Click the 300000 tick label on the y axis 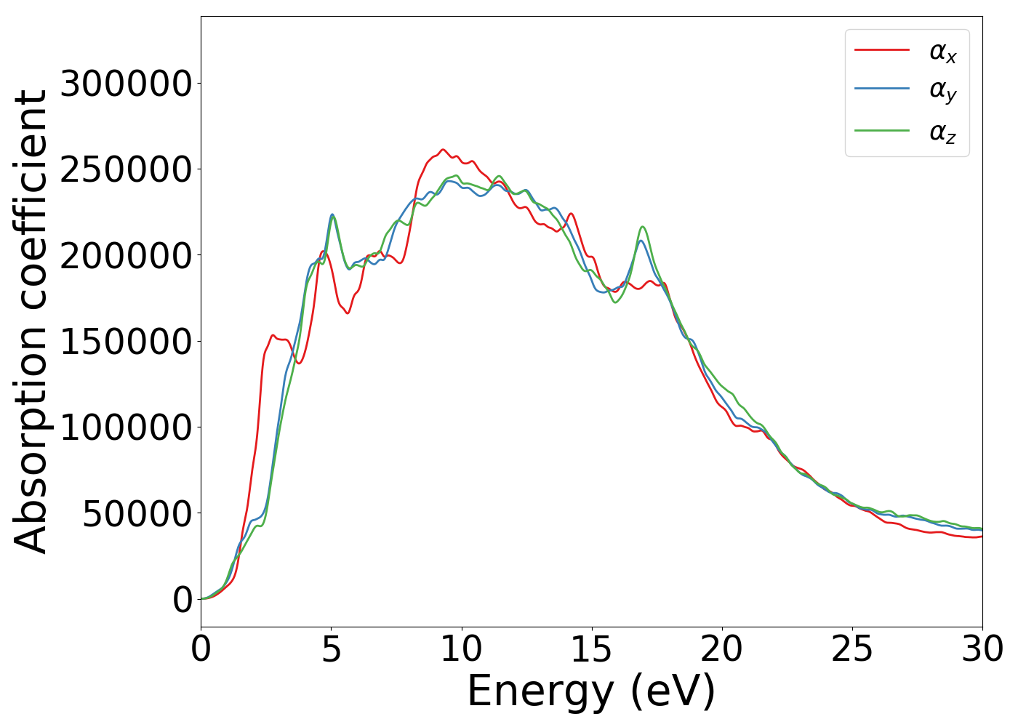126,84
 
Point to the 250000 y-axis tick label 126,169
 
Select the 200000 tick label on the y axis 126,255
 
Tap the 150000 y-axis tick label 126,341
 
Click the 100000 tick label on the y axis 126,427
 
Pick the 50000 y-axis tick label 137,513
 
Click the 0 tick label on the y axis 183,599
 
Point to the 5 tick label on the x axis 331,649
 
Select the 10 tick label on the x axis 461,649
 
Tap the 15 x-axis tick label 591,649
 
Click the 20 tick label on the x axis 721,649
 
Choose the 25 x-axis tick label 851,649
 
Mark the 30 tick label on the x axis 982,649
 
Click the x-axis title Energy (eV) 591,691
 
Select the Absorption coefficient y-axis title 31,321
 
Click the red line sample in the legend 881,50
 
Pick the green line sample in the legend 881,131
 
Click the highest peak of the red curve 443,150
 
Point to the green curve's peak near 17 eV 643,227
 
